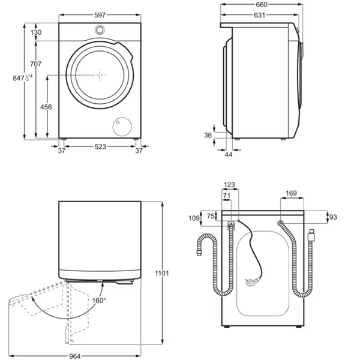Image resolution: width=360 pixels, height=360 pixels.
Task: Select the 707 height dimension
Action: tap(36, 64)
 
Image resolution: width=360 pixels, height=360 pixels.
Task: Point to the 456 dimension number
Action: tap(46, 107)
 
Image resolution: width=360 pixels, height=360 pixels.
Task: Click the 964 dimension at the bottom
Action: tap(74, 355)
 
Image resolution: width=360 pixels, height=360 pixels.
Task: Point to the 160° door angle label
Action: tap(98, 300)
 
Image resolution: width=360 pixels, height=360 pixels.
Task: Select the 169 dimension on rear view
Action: tap(291, 193)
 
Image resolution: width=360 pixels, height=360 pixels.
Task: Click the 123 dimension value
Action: tap(229, 185)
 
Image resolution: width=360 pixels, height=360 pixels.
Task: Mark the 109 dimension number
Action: tap(194, 218)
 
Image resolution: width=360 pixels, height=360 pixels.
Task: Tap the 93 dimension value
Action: tap(333, 217)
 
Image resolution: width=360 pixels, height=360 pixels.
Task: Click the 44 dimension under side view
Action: tap(229, 155)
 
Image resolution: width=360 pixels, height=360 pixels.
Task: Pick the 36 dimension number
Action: tap(208, 136)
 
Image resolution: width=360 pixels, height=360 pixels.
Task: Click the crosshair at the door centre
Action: tap(100, 73)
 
